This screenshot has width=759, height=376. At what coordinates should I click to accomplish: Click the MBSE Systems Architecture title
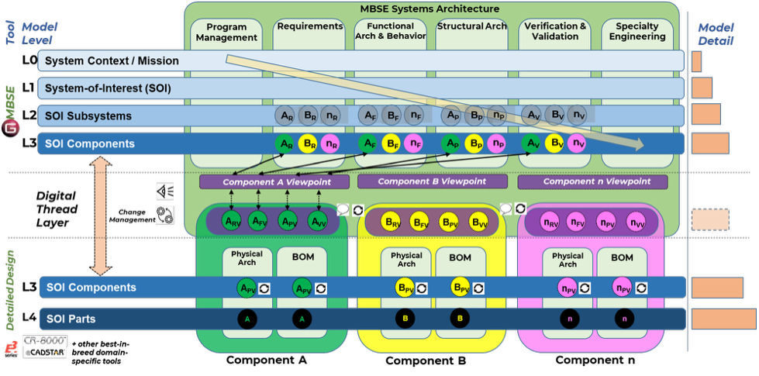pyautogui.click(x=430, y=9)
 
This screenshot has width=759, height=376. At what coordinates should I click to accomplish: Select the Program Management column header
pyautogui.click(x=226, y=32)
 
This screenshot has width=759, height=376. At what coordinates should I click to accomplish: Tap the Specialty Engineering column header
pyautogui.click(x=637, y=31)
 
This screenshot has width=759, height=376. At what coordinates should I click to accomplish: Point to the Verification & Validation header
pyautogui.click(x=555, y=31)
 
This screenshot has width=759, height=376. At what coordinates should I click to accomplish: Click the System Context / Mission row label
pyautogui.click(x=112, y=60)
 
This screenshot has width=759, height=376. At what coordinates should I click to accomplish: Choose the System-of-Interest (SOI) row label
pyautogui.click(x=108, y=88)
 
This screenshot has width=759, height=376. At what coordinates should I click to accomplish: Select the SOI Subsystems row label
pyautogui.click(x=88, y=116)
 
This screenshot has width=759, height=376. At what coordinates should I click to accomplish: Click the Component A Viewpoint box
pyautogui.click(x=276, y=182)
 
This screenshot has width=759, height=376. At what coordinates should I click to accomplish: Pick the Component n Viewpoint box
pyautogui.click(x=592, y=182)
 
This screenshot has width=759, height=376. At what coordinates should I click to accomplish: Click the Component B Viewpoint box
pyautogui.click(x=432, y=181)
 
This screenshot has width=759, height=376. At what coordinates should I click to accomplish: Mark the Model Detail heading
pyautogui.click(x=716, y=33)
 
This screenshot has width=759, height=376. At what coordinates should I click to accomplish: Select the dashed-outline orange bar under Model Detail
pyautogui.click(x=709, y=219)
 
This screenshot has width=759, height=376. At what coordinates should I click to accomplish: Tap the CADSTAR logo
pyautogui.click(x=45, y=353)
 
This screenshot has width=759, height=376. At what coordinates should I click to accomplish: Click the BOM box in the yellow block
pyautogui.click(x=460, y=258)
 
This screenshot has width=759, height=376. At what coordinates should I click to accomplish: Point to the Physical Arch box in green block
pyautogui.click(x=246, y=258)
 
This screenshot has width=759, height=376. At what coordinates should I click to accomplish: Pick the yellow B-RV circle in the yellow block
pyautogui.click(x=393, y=221)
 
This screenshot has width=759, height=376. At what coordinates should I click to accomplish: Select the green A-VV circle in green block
pyautogui.click(x=318, y=221)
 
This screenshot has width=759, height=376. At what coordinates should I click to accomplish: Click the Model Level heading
pyautogui.click(x=40, y=33)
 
